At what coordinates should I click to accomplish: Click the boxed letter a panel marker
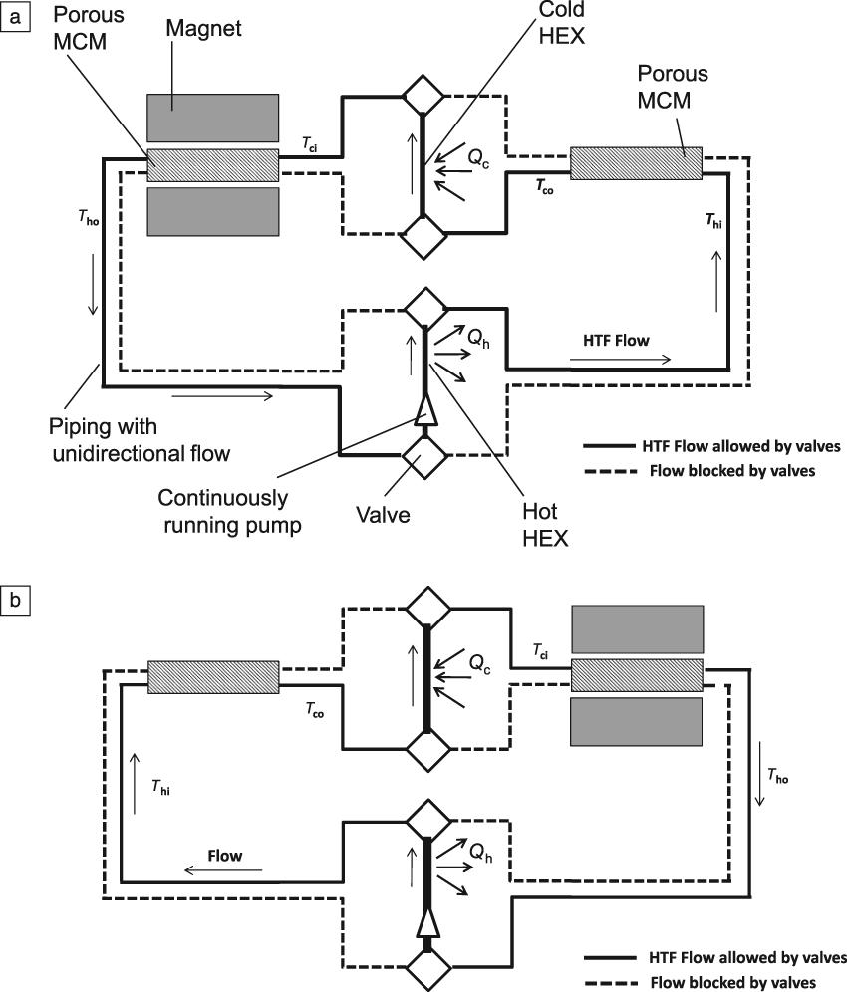(x=14, y=14)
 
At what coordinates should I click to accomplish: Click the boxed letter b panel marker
(x=14, y=601)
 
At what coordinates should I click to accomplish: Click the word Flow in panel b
(x=224, y=856)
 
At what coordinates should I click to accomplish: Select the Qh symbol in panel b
(x=481, y=850)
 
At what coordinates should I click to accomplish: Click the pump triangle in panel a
(x=423, y=406)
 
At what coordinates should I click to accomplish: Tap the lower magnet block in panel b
(x=637, y=721)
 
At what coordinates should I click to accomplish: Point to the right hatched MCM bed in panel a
(x=636, y=161)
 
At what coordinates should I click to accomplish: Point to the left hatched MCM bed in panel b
(x=212, y=675)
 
